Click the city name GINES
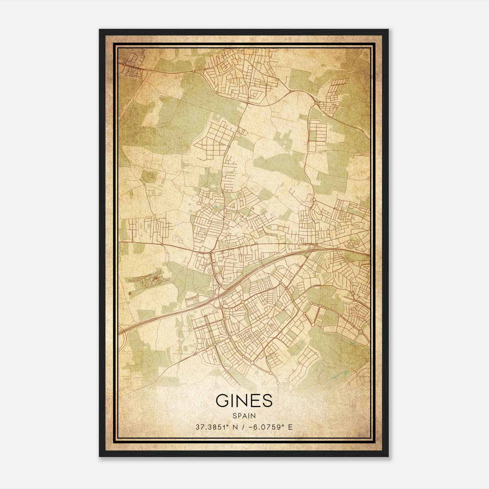pyautogui.click(x=244, y=401)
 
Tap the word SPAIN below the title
pyautogui.click(x=244, y=416)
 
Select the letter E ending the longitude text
pyautogui.click(x=290, y=427)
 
